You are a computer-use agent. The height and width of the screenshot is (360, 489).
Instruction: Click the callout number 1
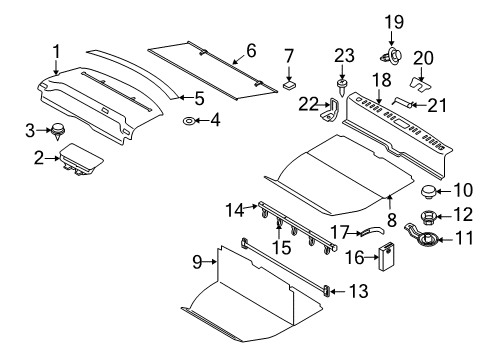(x=57, y=50)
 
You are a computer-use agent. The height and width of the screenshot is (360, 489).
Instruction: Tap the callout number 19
(x=394, y=21)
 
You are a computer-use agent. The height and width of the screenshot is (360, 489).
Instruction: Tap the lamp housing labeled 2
(x=77, y=158)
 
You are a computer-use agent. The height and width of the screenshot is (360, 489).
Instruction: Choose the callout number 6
(x=251, y=49)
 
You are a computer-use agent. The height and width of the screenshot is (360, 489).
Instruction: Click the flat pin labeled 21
(x=406, y=101)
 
